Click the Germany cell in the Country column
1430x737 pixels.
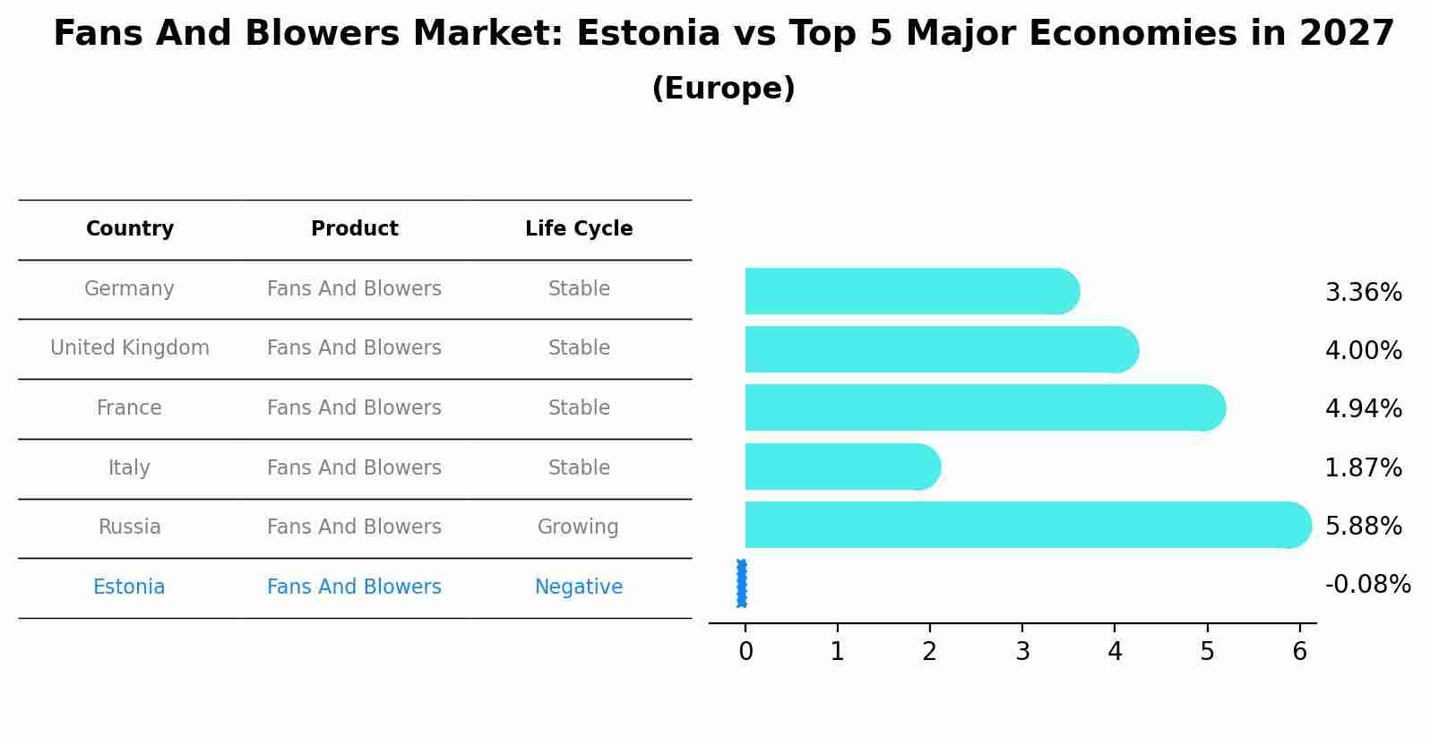129,289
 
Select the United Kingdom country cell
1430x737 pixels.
129,348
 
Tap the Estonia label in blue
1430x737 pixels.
129,587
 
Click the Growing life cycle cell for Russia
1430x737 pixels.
578,527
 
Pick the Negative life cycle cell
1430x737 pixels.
578,587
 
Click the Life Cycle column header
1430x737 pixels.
578,229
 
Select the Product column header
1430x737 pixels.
354,229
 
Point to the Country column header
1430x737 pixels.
129,229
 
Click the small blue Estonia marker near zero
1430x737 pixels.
742,584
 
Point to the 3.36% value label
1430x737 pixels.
1363,293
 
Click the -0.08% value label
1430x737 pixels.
1367,585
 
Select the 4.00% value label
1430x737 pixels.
1363,351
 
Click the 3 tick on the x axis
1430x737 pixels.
1022,652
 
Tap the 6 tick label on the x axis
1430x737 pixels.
1299,652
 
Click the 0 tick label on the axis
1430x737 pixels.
745,652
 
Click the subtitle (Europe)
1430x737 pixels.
723,89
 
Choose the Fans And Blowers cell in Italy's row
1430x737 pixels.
354,468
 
